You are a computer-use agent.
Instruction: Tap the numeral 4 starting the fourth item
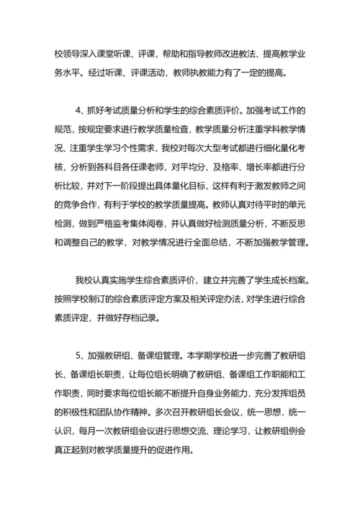click(x=78, y=111)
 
